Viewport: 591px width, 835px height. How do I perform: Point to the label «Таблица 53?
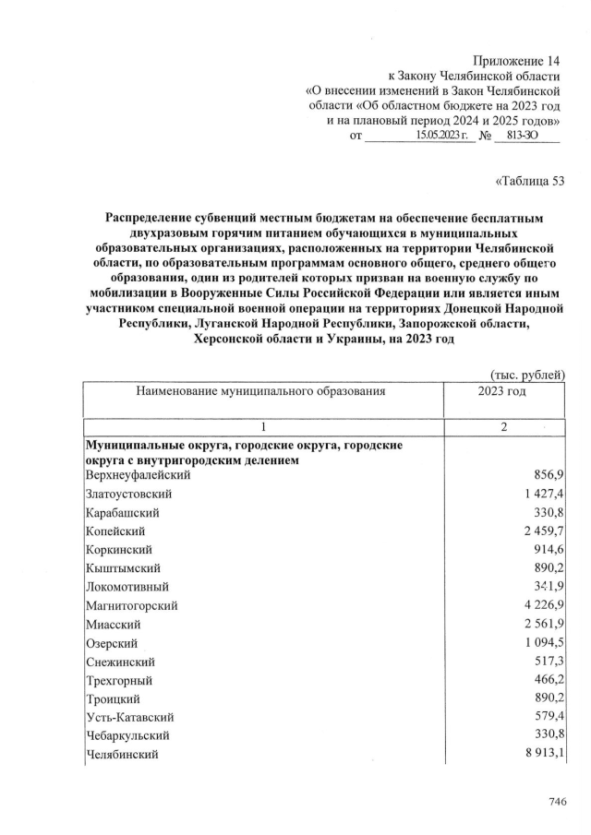[530, 180]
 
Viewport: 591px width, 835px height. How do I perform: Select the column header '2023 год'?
[502, 391]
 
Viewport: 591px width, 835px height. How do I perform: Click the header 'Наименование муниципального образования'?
[259, 391]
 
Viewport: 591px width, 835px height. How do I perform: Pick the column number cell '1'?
[263, 426]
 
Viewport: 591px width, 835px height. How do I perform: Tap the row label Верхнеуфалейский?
[138, 475]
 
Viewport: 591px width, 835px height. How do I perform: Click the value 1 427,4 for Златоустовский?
[543, 495]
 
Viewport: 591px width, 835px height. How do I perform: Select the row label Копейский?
[115, 531]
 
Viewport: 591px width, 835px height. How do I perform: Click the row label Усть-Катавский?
[129, 717]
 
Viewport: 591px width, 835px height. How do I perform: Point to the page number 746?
[556, 802]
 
